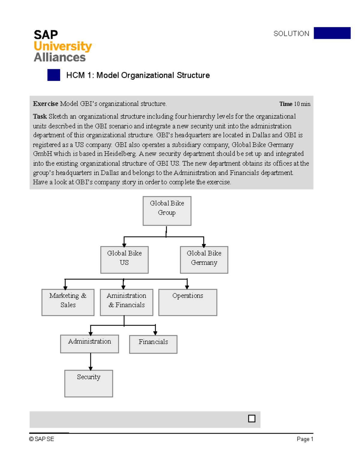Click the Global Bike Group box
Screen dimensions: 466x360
click(x=167, y=211)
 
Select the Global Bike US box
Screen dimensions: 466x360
click(x=124, y=260)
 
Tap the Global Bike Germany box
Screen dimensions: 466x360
click(x=204, y=260)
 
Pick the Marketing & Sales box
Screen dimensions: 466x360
click(x=68, y=302)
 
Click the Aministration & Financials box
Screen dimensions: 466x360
click(x=126, y=302)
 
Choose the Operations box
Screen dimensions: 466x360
click(x=187, y=302)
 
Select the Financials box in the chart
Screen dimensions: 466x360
click(x=153, y=344)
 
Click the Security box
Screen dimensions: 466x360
click(x=88, y=383)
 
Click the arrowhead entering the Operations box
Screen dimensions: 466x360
click(x=187, y=287)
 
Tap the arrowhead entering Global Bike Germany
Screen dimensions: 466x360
click(x=204, y=245)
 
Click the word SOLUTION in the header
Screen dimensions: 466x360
click(x=291, y=34)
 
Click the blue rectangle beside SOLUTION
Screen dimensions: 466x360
click(x=332, y=33)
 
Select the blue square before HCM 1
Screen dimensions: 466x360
click(x=54, y=75)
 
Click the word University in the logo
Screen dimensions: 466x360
click(x=63, y=46)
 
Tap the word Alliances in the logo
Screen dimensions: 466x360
click(x=60, y=57)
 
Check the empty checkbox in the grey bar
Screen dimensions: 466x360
click(x=252, y=419)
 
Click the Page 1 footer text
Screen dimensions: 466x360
click(x=305, y=439)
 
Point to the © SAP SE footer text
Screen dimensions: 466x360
click(x=42, y=439)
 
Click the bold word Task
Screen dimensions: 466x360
click(x=40, y=116)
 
